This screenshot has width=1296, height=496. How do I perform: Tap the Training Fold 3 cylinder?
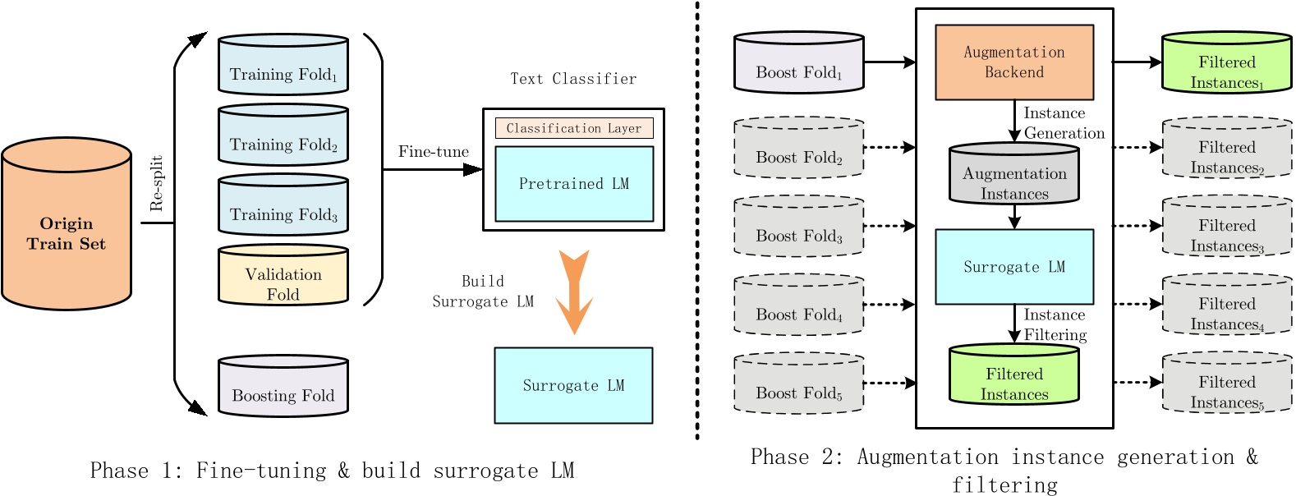point(283,206)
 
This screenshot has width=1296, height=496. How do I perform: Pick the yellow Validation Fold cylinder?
point(283,277)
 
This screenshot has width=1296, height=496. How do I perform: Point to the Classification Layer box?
point(574,128)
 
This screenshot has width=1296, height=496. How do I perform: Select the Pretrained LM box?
point(574,184)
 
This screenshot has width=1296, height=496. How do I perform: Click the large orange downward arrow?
point(574,292)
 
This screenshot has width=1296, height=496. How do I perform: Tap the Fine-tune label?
point(433,152)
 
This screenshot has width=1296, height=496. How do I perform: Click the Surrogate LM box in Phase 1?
point(573,385)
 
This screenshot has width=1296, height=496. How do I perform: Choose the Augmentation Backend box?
point(1014,62)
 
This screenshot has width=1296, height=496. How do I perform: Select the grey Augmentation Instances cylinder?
point(1014,176)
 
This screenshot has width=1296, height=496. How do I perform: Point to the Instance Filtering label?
point(1055,325)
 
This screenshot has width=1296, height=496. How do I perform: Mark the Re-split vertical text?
point(157,183)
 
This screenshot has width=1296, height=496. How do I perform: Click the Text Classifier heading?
point(573,79)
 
